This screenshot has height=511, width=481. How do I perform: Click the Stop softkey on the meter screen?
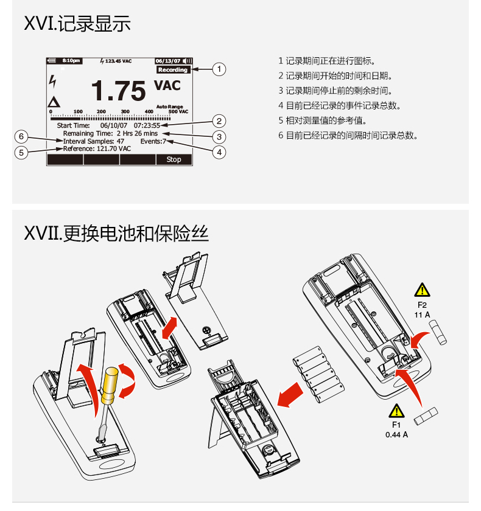point(174,159)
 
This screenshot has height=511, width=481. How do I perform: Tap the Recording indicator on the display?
point(173,70)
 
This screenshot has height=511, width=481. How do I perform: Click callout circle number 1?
point(219,69)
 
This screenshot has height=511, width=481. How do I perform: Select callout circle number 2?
point(219,121)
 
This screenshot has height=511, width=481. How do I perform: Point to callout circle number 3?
point(219,137)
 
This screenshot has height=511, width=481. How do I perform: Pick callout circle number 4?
point(219,152)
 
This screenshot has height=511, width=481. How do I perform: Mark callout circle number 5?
point(21,153)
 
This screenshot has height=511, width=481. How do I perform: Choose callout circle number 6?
point(21,136)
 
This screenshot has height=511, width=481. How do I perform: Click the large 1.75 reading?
point(119,91)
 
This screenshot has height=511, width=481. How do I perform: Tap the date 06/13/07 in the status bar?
point(168,61)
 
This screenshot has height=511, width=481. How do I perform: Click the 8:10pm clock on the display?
point(71,61)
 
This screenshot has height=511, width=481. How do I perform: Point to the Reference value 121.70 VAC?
point(114,148)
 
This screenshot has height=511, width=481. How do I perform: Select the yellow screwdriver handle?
point(110,386)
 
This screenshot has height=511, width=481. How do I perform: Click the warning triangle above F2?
point(422,290)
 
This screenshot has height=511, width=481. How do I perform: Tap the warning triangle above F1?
point(396,411)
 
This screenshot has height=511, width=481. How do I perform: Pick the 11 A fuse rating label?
point(422,315)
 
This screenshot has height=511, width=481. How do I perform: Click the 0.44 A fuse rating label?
point(396,435)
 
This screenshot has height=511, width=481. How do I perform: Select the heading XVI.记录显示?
point(77,24)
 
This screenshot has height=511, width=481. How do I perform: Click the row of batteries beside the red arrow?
point(318,375)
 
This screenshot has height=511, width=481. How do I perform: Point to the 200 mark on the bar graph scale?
point(101,111)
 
